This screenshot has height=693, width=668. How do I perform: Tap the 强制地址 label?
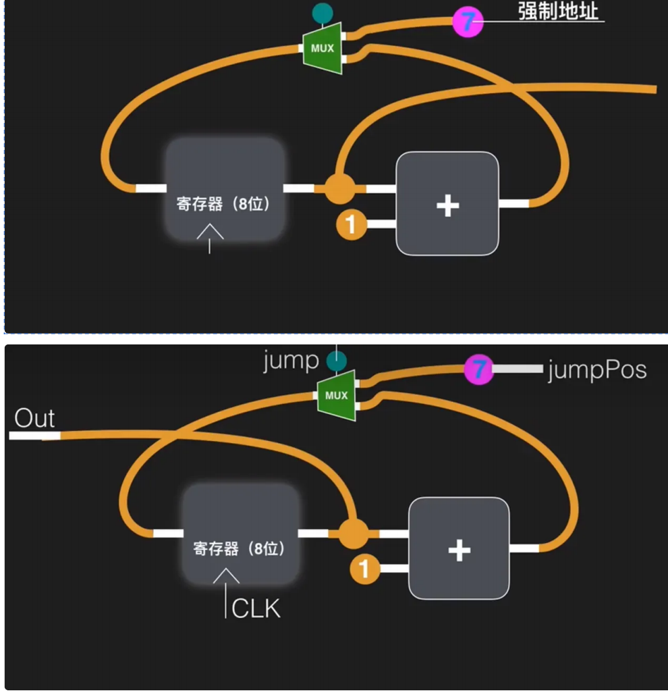[x=558, y=12]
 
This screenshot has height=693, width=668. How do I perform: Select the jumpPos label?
[x=596, y=369]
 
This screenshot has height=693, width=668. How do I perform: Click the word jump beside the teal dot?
[x=291, y=360]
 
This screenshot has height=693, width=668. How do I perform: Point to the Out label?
[x=34, y=419]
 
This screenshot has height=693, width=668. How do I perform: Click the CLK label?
[x=256, y=609]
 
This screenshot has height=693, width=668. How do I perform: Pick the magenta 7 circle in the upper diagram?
[x=468, y=21]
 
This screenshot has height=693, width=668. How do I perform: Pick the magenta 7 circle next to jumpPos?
[x=478, y=369]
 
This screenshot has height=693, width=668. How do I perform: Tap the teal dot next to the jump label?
[x=332, y=361]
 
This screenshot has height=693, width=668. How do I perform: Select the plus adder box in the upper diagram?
[x=447, y=203]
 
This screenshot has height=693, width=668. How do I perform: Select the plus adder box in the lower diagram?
[x=459, y=548]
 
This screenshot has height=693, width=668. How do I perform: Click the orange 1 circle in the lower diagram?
[x=364, y=569]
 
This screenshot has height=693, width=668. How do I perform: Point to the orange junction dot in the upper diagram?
[x=339, y=188]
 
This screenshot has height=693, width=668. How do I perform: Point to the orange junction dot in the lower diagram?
[x=353, y=534]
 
